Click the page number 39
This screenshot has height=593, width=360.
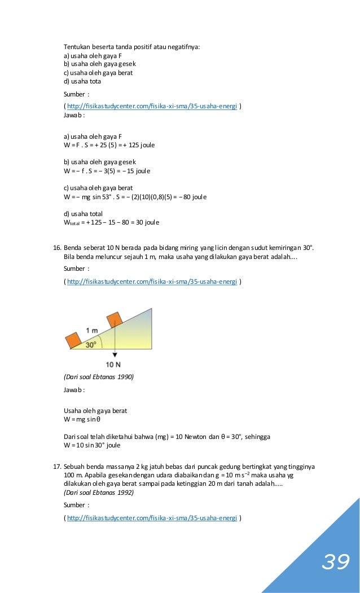click(x=336, y=562)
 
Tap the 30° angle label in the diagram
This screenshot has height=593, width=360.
click(x=90, y=344)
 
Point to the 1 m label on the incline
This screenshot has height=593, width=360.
click(x=92, y=330)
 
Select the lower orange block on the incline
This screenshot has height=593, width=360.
click(x=73, y=340)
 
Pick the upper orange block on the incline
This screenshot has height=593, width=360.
click(x=114, y=319)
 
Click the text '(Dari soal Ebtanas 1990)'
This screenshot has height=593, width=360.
click(x=99, y=376)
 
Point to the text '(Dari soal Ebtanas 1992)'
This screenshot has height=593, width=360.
click(x=99, y=492)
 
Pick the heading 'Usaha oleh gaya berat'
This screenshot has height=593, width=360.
click(x=95, y=411)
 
